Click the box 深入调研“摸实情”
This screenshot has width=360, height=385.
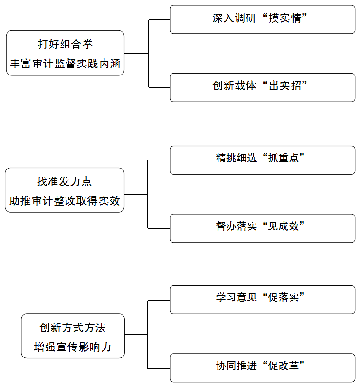point(262,19)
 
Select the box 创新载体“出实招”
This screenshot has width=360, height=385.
point(262,87)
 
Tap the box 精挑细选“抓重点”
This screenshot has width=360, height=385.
point(262,160)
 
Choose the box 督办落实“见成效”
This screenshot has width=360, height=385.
point(262,228)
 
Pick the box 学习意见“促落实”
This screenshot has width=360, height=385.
point(262,300)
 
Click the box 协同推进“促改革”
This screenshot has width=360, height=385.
point(262,367)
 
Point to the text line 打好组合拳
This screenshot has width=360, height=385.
point(66,45)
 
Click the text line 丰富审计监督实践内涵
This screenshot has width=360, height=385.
point(65,64)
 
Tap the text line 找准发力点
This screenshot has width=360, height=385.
point(64,182)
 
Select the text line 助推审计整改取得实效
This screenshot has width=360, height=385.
point(65,201)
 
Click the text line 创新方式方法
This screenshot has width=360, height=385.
point(73,328)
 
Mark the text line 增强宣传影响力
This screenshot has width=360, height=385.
point(73,347)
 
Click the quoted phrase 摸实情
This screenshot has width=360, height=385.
point(285,18)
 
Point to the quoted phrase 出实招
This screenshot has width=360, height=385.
point(285,86)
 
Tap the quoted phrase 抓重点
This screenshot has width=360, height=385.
point(284,158)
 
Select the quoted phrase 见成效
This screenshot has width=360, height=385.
point(284,226)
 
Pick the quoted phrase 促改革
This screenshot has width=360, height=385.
point(284,366)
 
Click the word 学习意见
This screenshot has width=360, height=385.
point(237,297)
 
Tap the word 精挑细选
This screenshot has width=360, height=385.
point(237,158)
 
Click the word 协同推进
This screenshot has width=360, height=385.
point(237,366)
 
